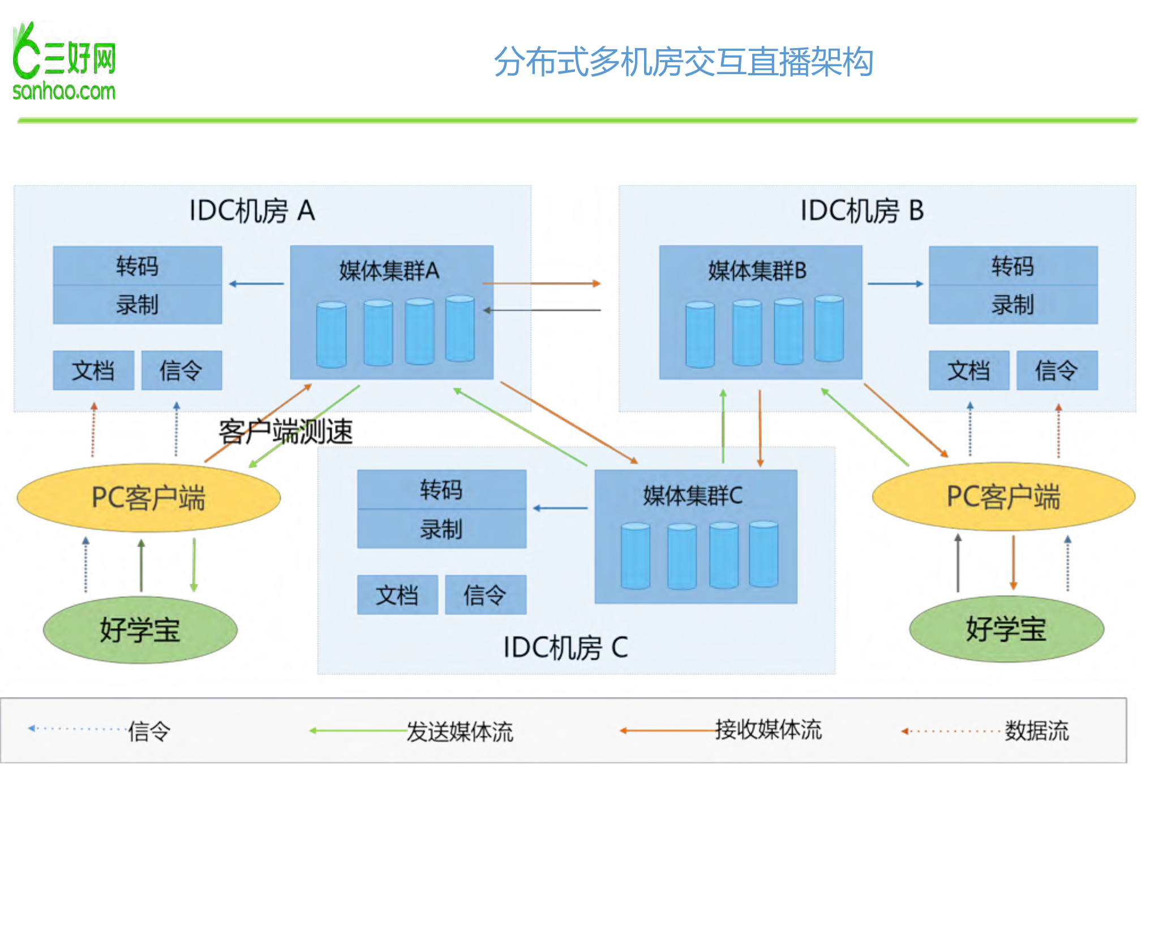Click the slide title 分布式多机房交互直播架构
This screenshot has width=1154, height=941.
[x=683, y=62]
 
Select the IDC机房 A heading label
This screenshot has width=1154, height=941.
[x=252, y=210]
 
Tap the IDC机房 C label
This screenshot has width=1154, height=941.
[x=565, y=647]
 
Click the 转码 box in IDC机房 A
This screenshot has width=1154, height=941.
[x=137, y=266]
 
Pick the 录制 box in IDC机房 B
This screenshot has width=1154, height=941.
[x=1013, y=305]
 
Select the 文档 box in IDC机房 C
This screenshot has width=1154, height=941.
[x=397, y=595]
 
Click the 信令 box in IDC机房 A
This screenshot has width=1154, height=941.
[x=181, y=371]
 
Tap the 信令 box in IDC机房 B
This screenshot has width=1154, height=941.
[x=1056, y=371]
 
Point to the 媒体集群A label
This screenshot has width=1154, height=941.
[x=389, y=270]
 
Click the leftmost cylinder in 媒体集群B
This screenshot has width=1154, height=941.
[x=700, y=334]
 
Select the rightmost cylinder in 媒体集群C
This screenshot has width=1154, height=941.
[x=763, y=555]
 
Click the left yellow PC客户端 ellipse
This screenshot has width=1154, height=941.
[x=148, y=498]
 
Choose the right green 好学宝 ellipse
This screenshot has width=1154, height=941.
[x=1006, y=629]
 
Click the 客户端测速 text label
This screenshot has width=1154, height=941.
[x=286, y=432]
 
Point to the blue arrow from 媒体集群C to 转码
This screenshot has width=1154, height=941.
[x=560, y=508]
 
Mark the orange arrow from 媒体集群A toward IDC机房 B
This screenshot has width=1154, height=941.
[x=541, y=283]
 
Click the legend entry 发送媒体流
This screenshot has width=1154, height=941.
[x=460, y=732]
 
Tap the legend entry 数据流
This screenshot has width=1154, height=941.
[x=1036, y=731]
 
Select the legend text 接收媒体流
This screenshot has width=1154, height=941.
[x=768, y=730]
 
